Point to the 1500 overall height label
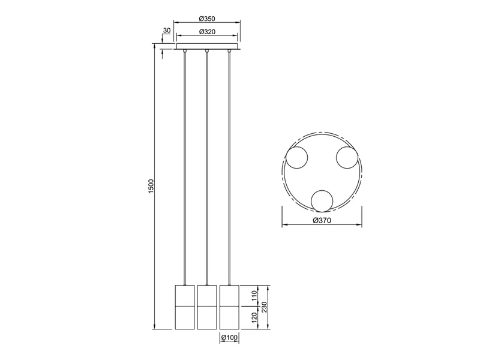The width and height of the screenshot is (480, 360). [151, 186]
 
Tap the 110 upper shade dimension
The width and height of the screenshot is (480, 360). [254, 295]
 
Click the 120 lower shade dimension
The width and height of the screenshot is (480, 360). [254, 317]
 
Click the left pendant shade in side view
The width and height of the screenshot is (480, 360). [184, 306]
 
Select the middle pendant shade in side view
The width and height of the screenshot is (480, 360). [206, 306]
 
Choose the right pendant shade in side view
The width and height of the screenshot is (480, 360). [229, 306]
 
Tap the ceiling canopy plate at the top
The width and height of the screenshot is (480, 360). [207, 48]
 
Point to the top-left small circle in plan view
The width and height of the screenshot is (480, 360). [296, 158]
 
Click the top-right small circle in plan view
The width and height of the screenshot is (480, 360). [347, 158]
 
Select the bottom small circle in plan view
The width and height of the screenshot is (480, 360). [322, 200]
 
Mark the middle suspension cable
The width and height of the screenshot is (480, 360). [206, 168]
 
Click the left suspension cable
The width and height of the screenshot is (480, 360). [184, 168]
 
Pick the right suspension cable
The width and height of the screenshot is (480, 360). [229, 168]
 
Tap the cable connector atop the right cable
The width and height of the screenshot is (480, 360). [229, 54]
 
